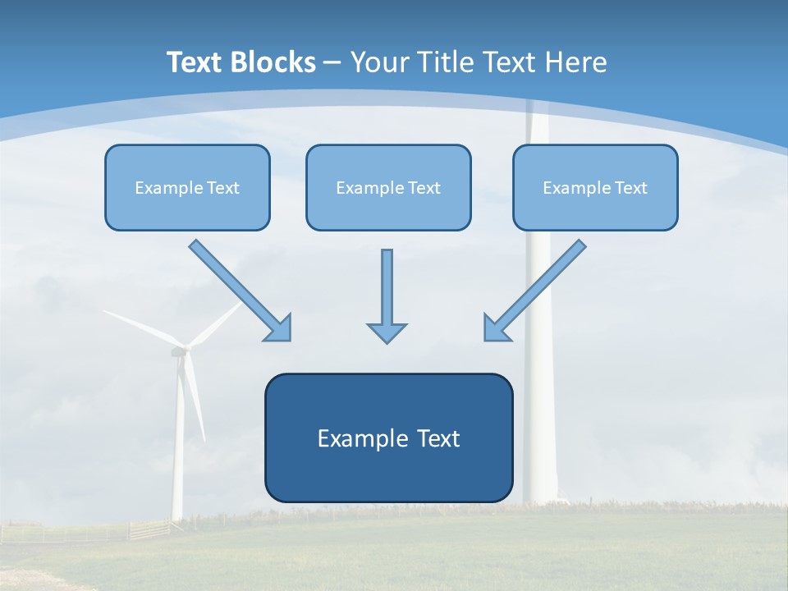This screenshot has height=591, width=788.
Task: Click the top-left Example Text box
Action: pyautogui.click(x=187, y=187)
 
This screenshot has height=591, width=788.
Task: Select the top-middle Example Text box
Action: pyautogui.click(x=388, y=187)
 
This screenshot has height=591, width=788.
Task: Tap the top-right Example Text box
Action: pyautogui.click(x=595, y=187)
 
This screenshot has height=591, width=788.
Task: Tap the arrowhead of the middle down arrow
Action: pyautogui.click(x=387, y=332)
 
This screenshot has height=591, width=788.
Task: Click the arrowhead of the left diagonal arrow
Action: pyautogui.click(x=279, y=328)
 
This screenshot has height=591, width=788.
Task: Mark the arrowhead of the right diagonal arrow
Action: pyautogui.click(x=496, y=328)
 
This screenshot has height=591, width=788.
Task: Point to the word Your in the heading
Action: pyautogui.click(x=380, y=62)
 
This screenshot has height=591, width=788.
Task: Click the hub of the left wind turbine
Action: pyautogui.click(x=180, y=350)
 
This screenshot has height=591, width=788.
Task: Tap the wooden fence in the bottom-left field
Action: pyautogui.click(x=148, y=529)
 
